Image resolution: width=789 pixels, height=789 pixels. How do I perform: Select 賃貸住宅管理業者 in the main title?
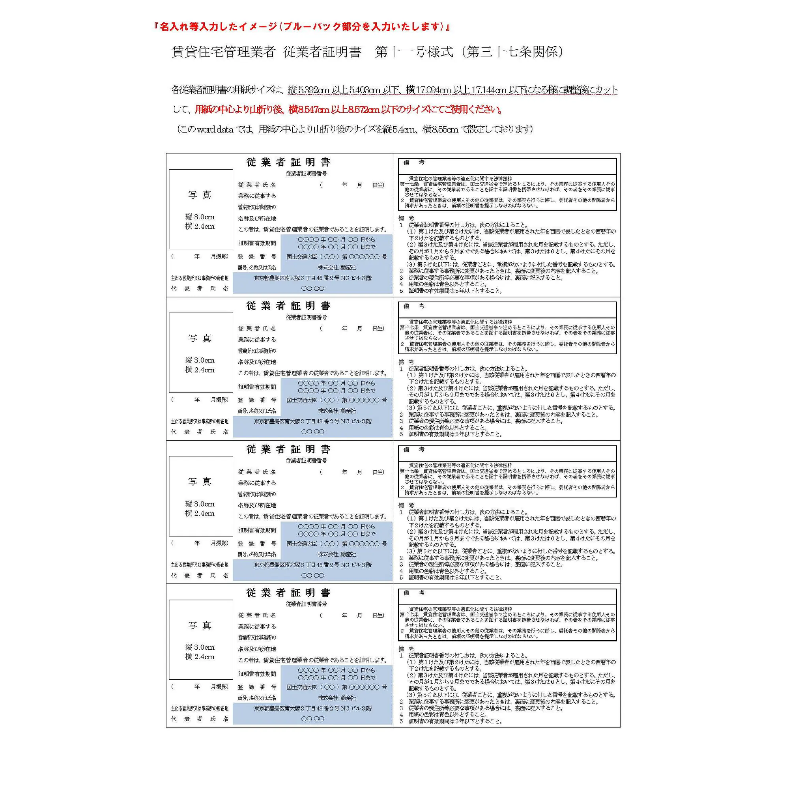point(223,52)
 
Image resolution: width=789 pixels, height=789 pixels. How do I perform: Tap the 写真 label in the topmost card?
point(200,195)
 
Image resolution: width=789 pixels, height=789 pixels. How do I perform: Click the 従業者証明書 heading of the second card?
point(288,306)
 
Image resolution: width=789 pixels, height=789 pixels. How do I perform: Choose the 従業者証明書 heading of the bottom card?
point(288,593)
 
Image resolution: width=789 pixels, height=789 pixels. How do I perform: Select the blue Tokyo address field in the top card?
point(313,278)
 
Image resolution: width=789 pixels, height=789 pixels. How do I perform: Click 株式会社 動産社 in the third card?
point(337,554)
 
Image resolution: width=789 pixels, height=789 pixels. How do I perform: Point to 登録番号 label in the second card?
point(257,400)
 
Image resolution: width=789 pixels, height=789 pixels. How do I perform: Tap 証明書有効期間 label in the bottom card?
point(257,674)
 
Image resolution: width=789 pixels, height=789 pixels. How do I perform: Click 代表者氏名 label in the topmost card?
point(200,288)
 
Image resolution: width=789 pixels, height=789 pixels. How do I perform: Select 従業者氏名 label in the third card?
point(257,472)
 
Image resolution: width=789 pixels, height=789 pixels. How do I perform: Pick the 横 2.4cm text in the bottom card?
point(200,657)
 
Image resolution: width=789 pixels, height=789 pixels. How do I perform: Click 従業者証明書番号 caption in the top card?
point(306,174)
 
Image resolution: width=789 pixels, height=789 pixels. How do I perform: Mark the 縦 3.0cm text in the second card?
point(200,360)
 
